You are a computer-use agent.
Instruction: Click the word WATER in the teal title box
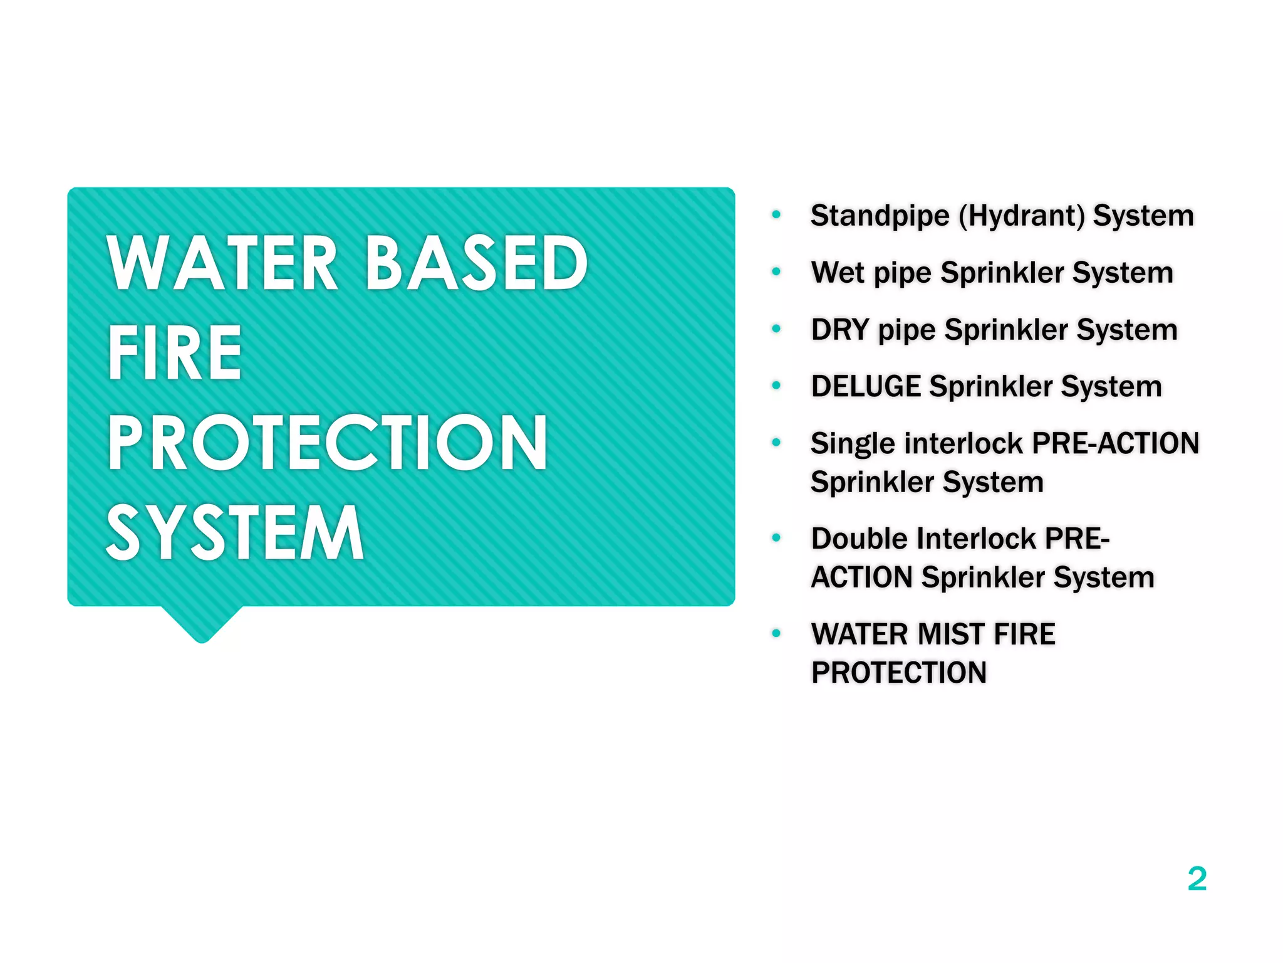tap(222, 263)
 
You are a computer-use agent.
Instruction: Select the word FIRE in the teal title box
tap(175, 353)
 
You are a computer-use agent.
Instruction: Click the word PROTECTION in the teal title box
tap(327, 443)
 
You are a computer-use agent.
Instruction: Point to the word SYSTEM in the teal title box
tap(235, 533)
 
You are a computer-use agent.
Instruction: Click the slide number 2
tap(1197, 879)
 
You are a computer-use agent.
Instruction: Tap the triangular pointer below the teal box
tap(202, 624)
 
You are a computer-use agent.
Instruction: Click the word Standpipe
tap(880, 216)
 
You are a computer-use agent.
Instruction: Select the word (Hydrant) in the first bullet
tap(1022, 216)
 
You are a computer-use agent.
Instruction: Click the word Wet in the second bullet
tap(837, 273)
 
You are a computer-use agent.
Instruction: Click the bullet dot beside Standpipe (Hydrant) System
tap(776, 215)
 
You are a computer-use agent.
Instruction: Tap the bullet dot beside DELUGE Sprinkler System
tap(776, 386)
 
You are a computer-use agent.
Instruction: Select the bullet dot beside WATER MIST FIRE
tap(776, 633)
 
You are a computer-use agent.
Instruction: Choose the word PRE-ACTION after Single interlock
tap(1115, 443)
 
